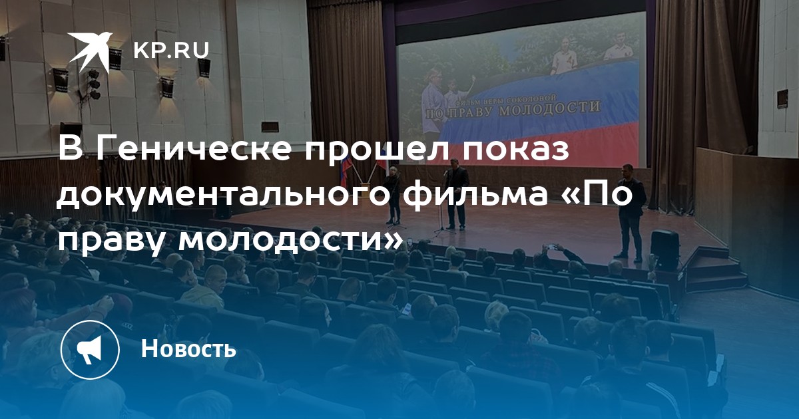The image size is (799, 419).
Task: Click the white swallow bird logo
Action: click(91, 52)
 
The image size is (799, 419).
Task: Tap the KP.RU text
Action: click(171, 51)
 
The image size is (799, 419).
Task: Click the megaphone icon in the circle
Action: click(90, 350)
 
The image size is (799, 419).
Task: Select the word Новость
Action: click(188, 349)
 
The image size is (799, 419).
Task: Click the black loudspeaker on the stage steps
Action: click(665, 249)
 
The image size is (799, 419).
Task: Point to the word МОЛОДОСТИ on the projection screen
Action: click(550, 108)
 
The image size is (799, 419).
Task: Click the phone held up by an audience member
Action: click(551, 246)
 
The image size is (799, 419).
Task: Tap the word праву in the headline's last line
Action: click(111, 241)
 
